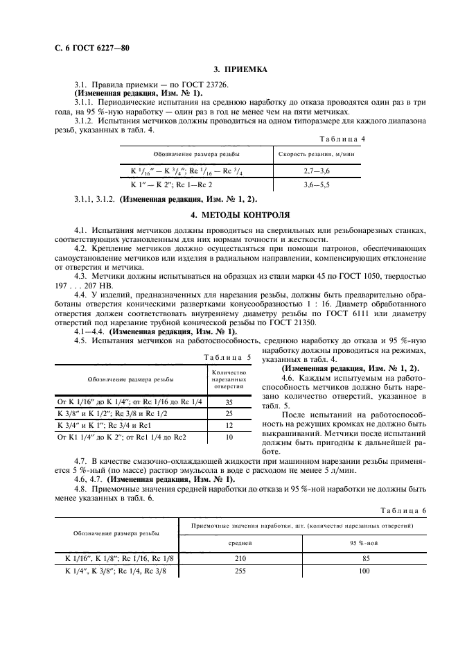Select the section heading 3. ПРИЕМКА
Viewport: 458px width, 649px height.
coord(238,69)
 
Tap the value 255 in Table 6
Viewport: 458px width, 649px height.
coord(241,571)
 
